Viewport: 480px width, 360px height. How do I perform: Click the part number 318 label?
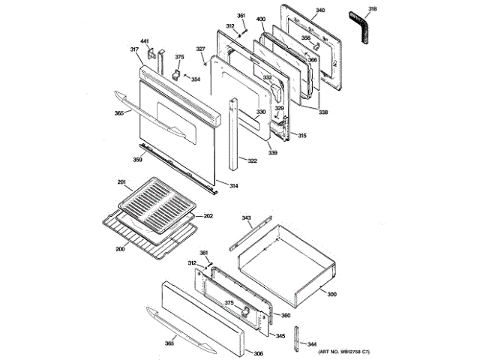click(373, 8)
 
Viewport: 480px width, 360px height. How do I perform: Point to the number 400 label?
click(261, 18)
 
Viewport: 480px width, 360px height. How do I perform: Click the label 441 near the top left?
click(145, 41)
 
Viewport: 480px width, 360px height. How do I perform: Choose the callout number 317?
click(134, 49)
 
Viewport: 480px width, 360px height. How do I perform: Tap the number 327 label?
click(200, 49)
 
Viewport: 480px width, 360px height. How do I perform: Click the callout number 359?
click(138, 159)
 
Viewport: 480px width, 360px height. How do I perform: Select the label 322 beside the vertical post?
click(253, 161)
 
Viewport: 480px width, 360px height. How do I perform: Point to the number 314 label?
click(234, 186)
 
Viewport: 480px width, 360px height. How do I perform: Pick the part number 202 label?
click(208, 216)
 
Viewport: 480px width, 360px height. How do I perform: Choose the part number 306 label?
click(258, 353)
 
